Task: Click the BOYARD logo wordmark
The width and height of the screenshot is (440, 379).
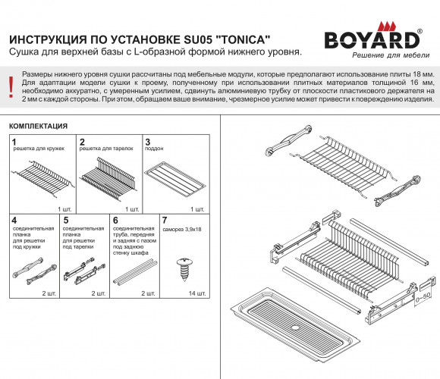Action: click(372, 40)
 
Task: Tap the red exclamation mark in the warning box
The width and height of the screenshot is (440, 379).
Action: click(11, 87)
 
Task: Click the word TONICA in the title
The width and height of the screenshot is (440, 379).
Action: click(243, 39)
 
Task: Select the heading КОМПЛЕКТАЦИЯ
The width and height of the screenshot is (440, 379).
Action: click(39, 126)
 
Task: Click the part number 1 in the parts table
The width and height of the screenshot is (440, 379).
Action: click(14, 142)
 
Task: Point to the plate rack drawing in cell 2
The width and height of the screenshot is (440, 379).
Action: click(109, 178)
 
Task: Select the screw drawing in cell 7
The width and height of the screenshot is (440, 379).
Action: click(184, 270)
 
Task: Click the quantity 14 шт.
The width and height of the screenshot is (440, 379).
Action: click(197, 293)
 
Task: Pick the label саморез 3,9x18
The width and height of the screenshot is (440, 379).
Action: click(182, 230)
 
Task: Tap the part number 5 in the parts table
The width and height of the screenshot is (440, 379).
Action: click(66, 221)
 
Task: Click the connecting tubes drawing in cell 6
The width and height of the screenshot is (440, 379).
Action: click(135, 272)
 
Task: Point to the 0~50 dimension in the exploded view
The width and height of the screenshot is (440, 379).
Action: click(423, 297)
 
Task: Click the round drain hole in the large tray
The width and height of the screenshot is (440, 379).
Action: click(295, 327)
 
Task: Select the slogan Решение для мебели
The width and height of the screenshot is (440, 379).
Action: click(391, 55)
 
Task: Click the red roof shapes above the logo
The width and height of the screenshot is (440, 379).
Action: click(387, 26)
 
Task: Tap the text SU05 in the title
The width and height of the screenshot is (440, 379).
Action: click(198, 39)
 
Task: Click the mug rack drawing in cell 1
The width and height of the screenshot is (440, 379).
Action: click(42, 178)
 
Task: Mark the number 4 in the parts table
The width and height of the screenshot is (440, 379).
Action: click(14, 221)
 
